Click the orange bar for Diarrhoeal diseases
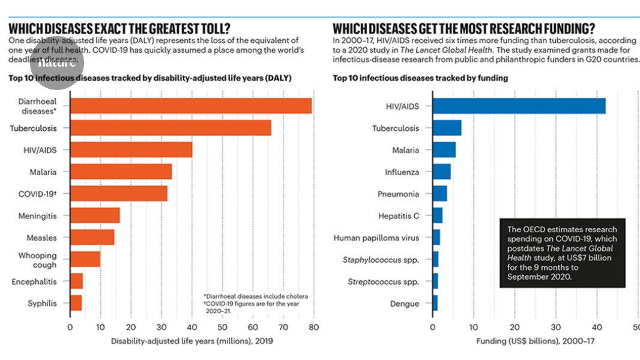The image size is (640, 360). pos(191,106)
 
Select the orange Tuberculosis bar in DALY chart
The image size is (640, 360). pos(171,128)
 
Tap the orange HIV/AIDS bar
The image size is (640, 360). pos(131,150)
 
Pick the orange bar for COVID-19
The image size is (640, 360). pos(118,194)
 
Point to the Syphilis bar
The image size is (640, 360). pos(76,303)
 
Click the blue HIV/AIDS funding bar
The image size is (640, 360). pos(519,106)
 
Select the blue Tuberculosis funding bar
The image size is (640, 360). pos(447,128)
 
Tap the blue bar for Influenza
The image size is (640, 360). pos(441,172)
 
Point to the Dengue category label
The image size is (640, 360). pos(404,304)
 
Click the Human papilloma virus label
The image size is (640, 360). pos(376,238)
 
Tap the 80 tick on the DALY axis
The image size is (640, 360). pos(313,328)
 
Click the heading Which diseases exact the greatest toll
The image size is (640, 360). pos(120,29)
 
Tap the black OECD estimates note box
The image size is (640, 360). pos(562,253)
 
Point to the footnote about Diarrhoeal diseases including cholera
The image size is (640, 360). pos(256,296)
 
